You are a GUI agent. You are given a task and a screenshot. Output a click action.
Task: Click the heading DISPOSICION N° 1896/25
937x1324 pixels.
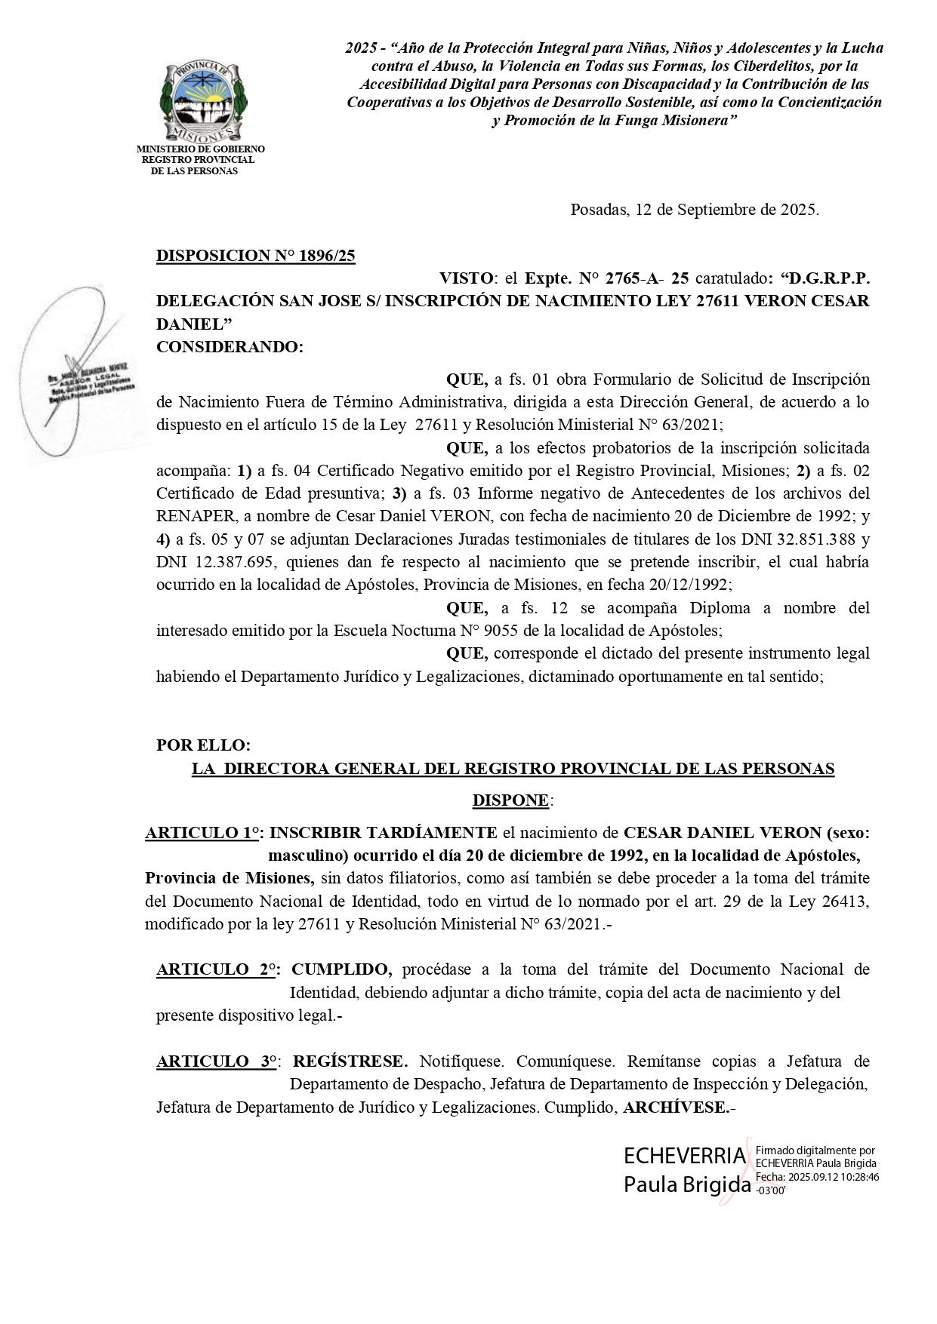click(255, 256)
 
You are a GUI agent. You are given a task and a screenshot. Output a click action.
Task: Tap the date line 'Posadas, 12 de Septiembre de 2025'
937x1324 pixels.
click(694, 210)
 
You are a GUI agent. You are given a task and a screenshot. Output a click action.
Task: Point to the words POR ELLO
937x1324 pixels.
click(202, 745)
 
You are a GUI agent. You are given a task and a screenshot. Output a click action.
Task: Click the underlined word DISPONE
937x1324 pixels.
click(511, 800)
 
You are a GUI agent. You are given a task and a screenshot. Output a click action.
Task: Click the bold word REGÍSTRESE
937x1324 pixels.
click(350, 1061)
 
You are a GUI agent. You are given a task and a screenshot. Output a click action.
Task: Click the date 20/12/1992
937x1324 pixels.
click(688, 585)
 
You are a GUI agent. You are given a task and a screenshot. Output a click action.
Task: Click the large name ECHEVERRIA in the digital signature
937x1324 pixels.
click(684, 1157)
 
